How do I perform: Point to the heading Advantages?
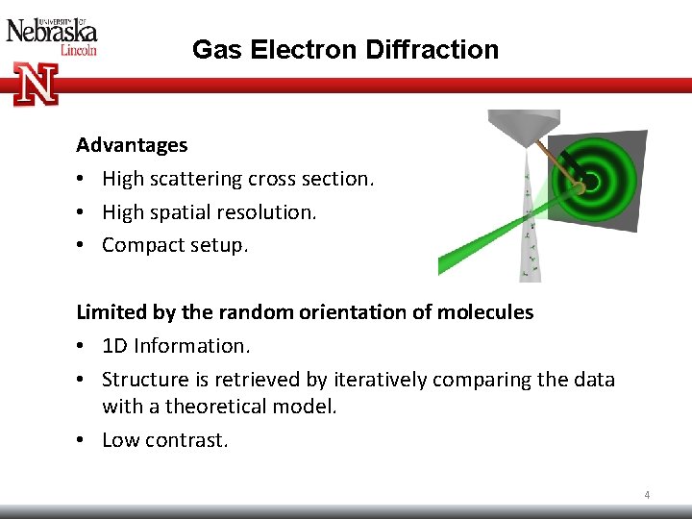[x=132, y=145]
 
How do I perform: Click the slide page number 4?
[x=647, y=495]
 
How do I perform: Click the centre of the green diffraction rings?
[x=588, y=181]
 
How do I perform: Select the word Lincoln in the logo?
[x=79, y=50]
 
